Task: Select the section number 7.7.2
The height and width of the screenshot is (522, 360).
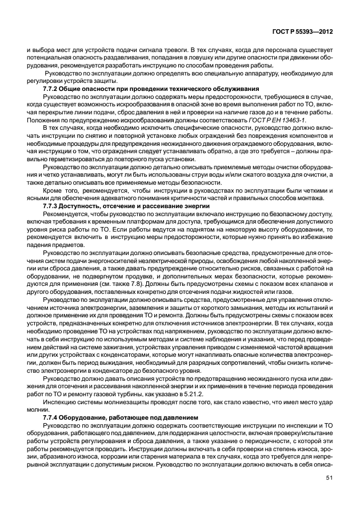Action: [x=53, y=89]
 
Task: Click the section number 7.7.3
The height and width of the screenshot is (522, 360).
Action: [x=53, y=205]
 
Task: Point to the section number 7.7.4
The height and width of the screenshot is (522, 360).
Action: [x=53, y=419]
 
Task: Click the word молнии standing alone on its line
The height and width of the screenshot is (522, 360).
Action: [x=36, y=411]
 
